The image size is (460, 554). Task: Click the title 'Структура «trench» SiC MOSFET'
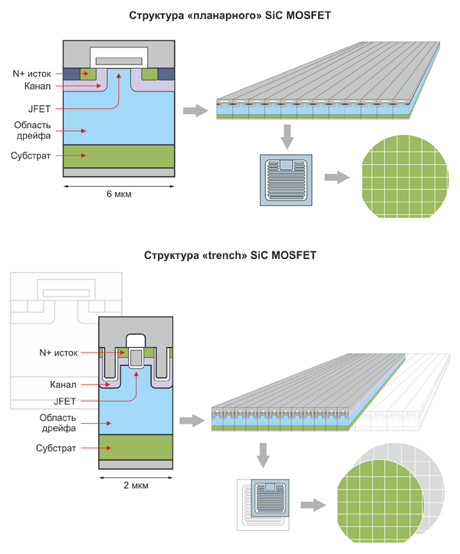pos(230,255)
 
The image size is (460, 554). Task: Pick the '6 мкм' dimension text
pos(119,192)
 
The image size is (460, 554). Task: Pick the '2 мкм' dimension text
pos(135,485)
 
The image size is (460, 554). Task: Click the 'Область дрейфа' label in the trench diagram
pos(61,423)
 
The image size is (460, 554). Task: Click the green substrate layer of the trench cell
pos(135,446)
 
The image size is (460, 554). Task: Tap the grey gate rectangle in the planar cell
pos(119,60)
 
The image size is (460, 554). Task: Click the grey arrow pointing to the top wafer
pos(336,178)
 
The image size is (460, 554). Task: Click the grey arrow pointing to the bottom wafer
pos(314,505)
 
